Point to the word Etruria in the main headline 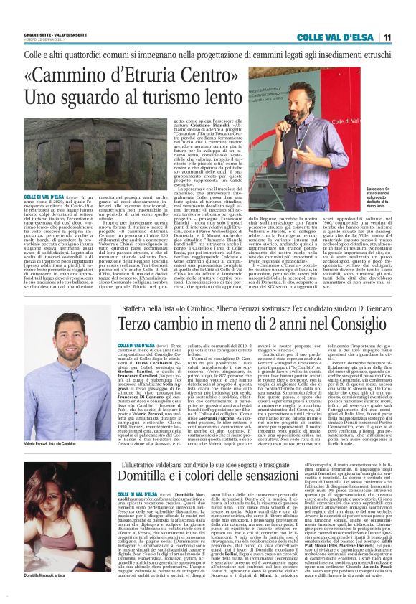[x=159, y=75]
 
